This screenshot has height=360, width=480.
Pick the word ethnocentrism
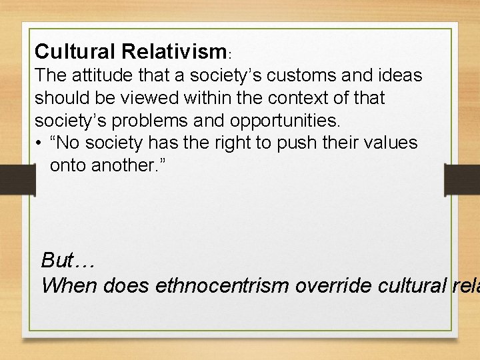[227, 285]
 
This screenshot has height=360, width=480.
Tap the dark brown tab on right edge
[465, 180]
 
